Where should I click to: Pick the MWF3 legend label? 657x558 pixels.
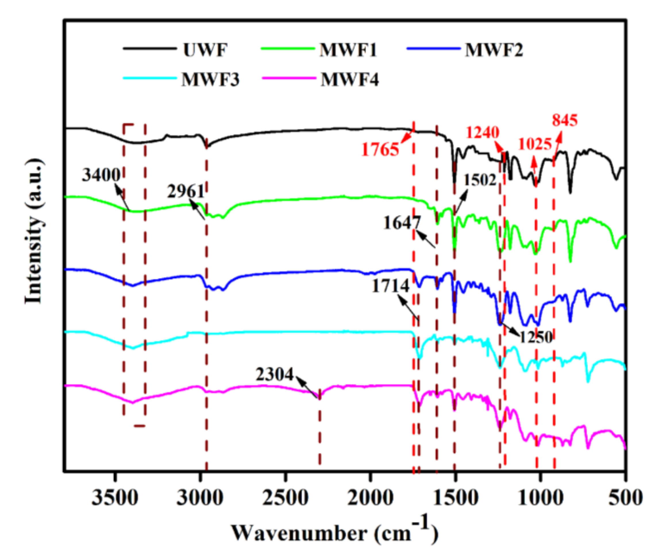coord(210,80)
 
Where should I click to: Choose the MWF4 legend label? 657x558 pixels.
coord(349,80)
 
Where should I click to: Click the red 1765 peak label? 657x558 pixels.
coord(380,149)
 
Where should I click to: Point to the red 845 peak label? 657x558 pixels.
coord(565,120)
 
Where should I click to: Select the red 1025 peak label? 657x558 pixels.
coord(535,144)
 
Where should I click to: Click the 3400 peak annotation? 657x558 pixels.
coord(101,175)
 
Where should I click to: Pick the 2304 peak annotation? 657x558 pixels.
coord(275,375)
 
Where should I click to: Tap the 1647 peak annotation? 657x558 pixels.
coord(402,223)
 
